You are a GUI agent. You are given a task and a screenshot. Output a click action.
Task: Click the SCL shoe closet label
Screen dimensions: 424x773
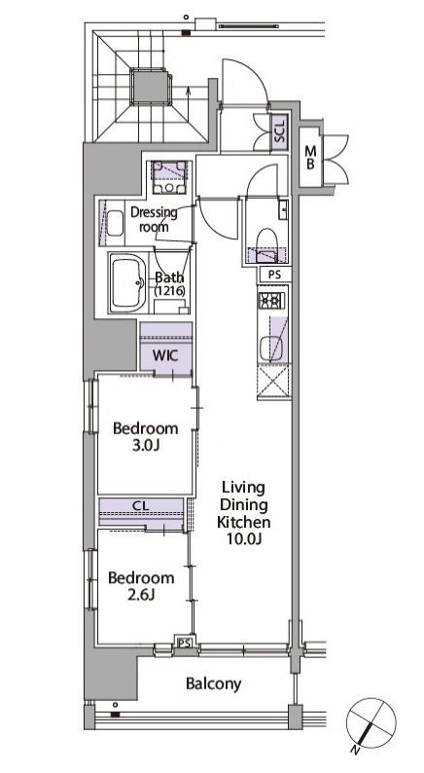click(x=280, y=131)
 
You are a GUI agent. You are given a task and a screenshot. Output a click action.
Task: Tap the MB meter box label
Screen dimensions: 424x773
click(x=310, y=158)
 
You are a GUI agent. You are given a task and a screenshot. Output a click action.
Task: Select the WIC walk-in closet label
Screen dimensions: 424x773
click(x=166, y=354)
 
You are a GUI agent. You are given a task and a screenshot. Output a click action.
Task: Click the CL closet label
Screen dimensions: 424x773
click(x=141, y=506)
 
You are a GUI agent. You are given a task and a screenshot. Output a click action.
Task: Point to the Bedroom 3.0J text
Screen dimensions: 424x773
click(x=145, y=437)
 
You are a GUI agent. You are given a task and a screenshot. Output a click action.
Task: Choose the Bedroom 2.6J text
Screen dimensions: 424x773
click(x=141, y=586)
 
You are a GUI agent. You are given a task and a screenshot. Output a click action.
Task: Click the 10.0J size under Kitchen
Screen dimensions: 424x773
click(x=244, y=538)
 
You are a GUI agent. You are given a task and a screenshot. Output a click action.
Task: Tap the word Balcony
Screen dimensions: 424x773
click(x=214, y=683)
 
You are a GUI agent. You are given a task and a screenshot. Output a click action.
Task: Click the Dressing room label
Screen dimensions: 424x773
click(x=154, y=219)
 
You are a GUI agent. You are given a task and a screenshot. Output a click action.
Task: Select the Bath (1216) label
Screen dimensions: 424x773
click(x=170, y=283)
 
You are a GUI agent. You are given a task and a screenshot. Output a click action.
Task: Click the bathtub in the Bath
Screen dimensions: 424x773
click(x=128, y=283)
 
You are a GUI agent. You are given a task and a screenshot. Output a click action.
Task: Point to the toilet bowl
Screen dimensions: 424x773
click(x=268, y=240)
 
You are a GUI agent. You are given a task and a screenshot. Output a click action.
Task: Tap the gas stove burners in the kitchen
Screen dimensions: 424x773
click(x=271, y=300)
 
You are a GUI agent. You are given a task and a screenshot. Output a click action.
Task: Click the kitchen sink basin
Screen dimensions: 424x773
click(x=268, y=349)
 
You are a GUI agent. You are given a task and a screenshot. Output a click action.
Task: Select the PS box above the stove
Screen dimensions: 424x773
click(x=275, y=275)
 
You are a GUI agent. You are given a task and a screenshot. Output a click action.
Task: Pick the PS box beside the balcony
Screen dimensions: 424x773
click(x=185, y=643)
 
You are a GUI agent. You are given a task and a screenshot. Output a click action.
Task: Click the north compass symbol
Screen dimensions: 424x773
click(x=371, y=722)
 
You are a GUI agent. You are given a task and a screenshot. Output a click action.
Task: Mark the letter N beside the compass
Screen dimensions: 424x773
click(x=355, y=751)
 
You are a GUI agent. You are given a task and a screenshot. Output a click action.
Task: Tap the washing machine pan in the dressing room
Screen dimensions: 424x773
click(x=169, y=177)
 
